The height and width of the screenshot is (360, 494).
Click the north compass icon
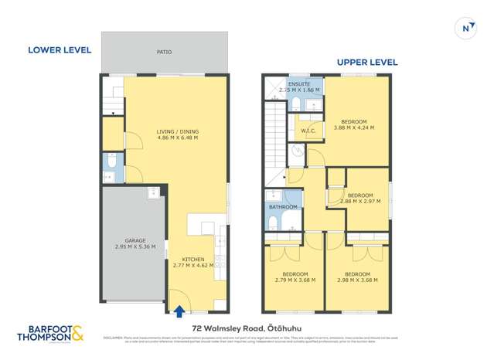tap(466, 28)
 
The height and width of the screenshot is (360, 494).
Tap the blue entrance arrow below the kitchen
tap(180, 311)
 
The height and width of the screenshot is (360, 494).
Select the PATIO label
tap(164, 53)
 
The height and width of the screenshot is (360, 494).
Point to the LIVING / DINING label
tap(178, 131)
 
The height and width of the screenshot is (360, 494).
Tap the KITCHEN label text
tap(192, 259)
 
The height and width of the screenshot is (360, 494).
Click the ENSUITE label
tap(299, 83)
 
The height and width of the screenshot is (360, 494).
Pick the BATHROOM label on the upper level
tap(283, 207)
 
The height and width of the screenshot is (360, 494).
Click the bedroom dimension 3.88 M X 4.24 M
tap(353, 128)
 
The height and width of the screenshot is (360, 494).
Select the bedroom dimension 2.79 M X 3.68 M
tap(295, 280)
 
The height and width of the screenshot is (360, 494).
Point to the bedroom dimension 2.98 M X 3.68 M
tap(356, 280)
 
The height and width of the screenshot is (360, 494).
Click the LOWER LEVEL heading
tap(60, 50)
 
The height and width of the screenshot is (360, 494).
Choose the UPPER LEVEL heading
tap(366, 62)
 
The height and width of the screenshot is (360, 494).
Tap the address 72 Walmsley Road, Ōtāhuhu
tap(247, 328)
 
